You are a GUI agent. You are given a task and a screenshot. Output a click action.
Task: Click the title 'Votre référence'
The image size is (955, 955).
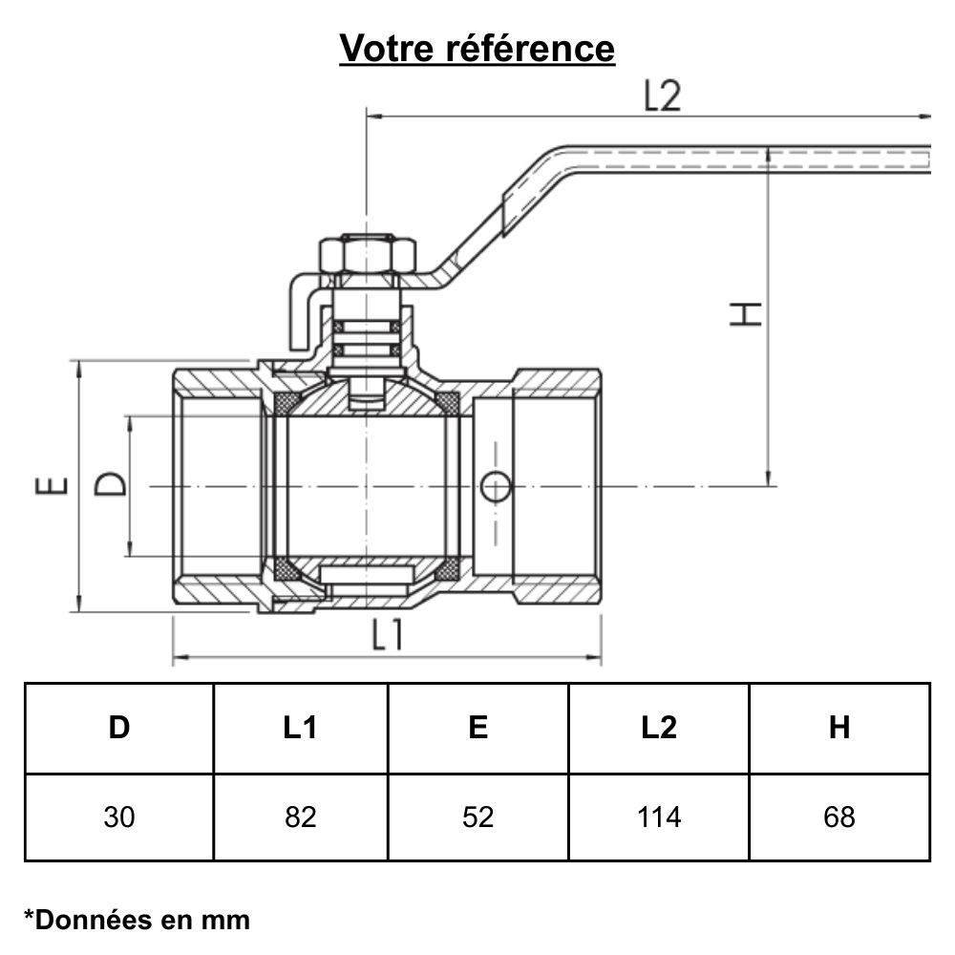click(477, 47)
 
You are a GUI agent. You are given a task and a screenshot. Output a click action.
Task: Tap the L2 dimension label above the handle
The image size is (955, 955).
click(662, 95)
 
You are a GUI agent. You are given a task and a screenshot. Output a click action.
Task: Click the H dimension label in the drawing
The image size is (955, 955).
click(747, 314)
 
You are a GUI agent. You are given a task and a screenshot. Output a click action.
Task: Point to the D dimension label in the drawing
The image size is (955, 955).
click(111, 484)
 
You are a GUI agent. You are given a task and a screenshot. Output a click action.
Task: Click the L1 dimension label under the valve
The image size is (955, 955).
click(387, 635)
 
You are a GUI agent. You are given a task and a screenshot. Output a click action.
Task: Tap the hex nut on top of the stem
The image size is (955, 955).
click(368, 255)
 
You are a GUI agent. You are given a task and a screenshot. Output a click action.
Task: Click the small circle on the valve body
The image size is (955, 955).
click(496, 486)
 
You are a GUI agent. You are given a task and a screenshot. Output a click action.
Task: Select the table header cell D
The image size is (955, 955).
click(119, 728)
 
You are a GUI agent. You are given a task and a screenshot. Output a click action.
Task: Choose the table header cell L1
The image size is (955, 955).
click(300, 728)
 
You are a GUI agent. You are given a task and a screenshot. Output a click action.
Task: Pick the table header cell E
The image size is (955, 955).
click(478, 728)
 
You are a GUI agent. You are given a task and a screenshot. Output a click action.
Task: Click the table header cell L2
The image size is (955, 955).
click(659, 728)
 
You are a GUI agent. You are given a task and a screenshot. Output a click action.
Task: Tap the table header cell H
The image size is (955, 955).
click(839, 728)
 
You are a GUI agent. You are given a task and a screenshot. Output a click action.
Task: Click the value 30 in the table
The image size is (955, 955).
click(119, 817)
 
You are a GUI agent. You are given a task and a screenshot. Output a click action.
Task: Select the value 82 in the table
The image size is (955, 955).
click(300, 817)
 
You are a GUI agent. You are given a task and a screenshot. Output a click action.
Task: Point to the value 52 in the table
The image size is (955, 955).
click(478, 817)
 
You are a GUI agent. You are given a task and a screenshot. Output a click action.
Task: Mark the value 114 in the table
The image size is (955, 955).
click(659, 817)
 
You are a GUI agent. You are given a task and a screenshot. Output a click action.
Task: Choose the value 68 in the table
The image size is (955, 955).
click(839, 817)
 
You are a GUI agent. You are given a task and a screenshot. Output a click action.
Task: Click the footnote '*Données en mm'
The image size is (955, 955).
click(137, 920)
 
